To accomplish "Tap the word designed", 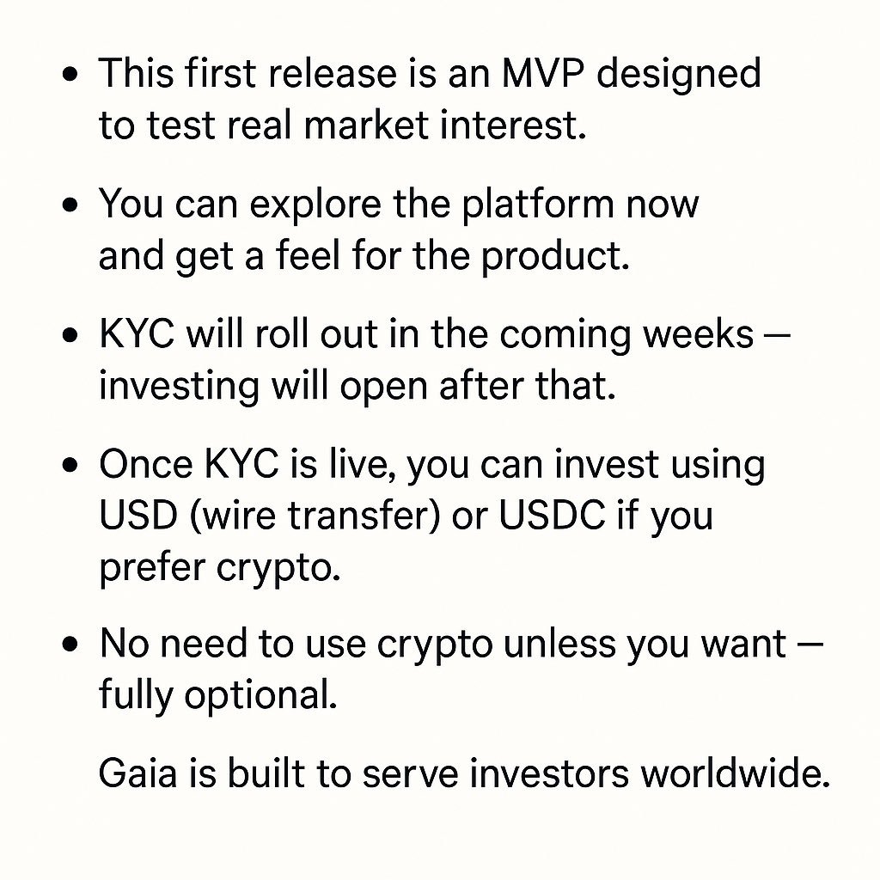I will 679,75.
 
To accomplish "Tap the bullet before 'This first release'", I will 72,75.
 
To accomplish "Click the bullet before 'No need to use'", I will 72,645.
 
